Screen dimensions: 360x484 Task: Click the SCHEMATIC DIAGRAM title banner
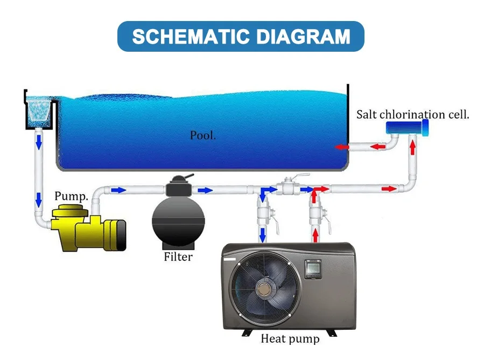[x=241, y=37]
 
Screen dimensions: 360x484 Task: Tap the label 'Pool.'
[x=202, y=135]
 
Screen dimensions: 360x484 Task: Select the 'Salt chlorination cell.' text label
[x=412, y=115]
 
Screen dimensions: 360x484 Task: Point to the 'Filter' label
[x=178, y=257]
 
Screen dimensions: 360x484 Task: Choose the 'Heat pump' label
[x=290, y=339]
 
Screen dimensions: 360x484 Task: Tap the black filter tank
[x=178, y=220]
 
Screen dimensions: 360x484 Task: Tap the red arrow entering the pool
[x=340, y=146]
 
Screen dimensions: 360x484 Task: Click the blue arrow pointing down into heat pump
[x=263, y=234]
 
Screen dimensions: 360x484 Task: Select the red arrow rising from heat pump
[x=315, y=234]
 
